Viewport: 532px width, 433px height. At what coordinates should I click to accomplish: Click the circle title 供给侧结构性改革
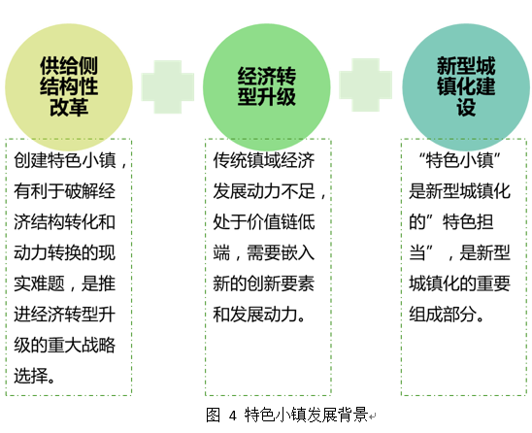(69, 86)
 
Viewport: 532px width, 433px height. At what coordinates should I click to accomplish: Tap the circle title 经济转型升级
(267, 86)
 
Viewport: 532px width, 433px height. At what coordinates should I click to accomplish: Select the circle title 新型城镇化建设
(466, 86)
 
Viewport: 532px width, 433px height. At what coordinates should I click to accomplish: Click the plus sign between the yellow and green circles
(168, 86)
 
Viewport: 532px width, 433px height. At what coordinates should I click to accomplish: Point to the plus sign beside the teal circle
(366, 84)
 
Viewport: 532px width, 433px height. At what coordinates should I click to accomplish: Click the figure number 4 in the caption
(232, 416)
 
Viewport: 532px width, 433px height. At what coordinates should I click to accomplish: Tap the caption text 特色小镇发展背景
(307, 415)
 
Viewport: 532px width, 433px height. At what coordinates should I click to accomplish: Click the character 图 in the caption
(214, 415)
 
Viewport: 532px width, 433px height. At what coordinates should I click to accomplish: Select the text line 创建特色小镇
(65, 160)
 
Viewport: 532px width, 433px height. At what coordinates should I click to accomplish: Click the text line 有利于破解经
(65, 191)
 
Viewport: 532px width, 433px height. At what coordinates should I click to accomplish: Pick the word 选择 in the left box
(30, 376)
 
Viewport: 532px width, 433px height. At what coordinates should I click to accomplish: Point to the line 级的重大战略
(65, 345)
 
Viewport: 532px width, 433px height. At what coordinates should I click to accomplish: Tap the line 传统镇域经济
(264, 160)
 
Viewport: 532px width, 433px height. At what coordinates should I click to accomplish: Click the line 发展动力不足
(264, 191)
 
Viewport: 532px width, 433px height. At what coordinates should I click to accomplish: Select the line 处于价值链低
(264, 222)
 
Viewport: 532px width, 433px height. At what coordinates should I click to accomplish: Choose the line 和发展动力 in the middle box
(255, 315)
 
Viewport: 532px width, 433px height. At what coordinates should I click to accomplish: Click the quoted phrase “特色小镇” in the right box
(460, 160)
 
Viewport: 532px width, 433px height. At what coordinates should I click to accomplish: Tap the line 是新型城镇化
(460, 191)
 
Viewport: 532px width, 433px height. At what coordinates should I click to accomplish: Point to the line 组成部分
(443, 315)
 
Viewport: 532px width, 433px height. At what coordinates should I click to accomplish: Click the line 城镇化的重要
(460, 283)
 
